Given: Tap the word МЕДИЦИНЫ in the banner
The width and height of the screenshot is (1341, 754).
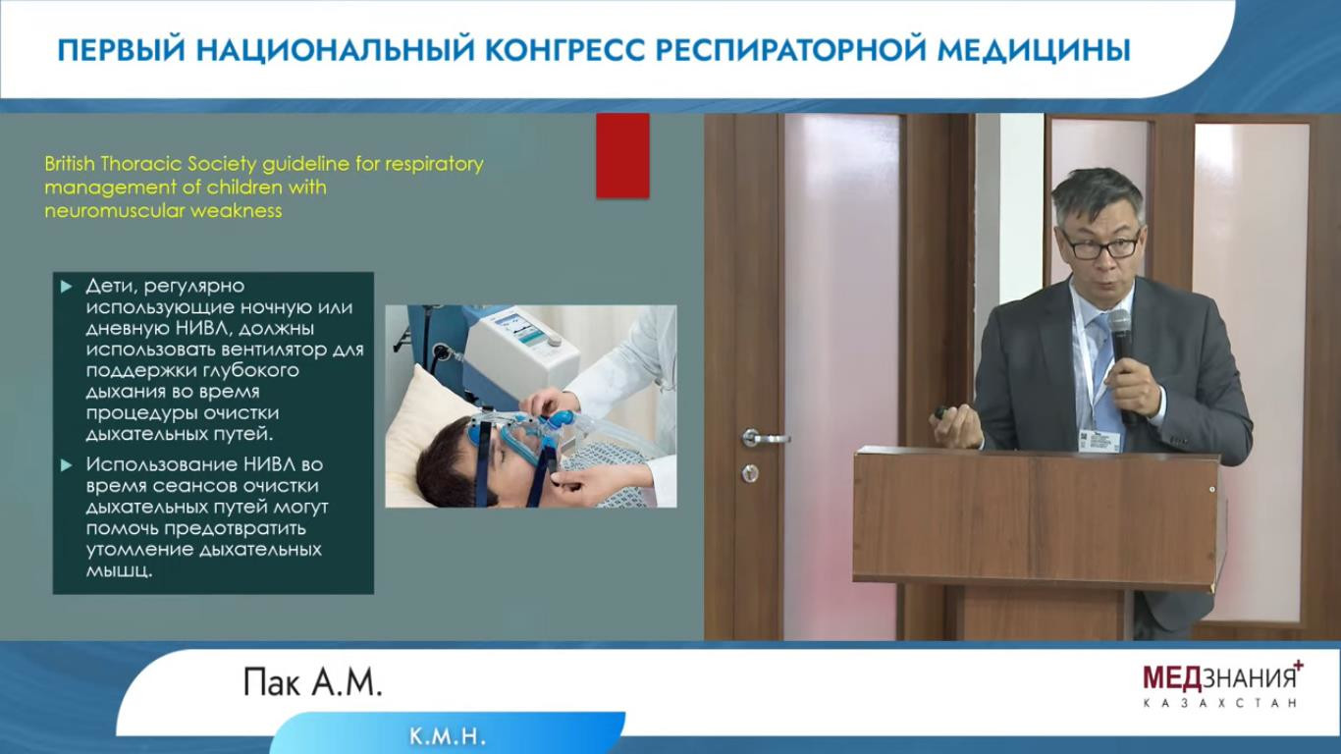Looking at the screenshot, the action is pos(1034,50).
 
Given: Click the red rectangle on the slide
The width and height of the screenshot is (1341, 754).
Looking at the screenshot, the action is pos(622,156).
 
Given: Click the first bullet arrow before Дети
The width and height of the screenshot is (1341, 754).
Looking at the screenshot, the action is pos(67,287).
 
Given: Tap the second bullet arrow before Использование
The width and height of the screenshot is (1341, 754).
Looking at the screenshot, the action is pos(67,464).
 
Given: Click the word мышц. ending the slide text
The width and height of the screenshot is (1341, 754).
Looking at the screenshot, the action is pos(119,571).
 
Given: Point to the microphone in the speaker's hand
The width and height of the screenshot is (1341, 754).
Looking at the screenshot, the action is pos(1121,359).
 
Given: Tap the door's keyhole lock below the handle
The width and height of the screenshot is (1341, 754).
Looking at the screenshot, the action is pos(750,473).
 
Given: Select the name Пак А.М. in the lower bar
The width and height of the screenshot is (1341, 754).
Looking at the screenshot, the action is pos(312,682).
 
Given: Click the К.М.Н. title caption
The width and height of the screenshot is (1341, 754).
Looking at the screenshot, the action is pos(448,736).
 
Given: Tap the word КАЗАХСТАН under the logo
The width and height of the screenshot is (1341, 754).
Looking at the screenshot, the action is pos(1220,703).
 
